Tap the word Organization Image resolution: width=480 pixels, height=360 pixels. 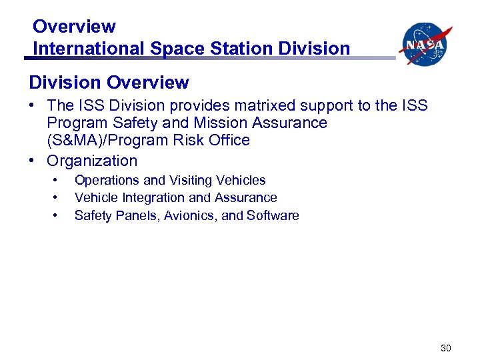(x=92, y=161)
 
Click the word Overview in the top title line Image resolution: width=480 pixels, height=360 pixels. (x=74, y=27)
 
